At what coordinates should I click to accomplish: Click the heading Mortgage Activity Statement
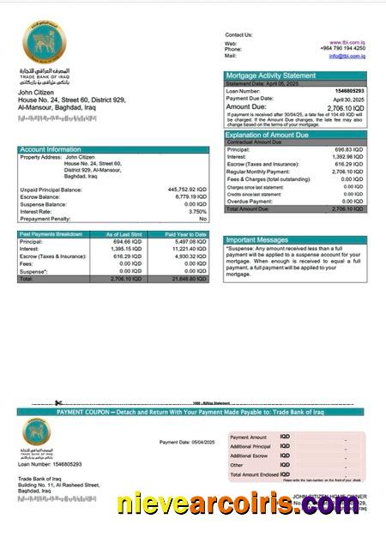(x=270, y=75)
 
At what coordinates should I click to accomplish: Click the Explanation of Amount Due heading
(x=274, y=135)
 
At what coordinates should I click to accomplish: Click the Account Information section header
(x=51, y=149)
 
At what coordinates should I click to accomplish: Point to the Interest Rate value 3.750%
(x=196, y=211)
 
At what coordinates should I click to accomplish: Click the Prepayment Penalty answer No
(x=202, y=219)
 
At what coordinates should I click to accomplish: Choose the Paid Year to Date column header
(x=186, y=234)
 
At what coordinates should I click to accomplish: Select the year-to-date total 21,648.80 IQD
(x=187, y=280)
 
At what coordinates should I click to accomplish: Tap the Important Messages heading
(x=257, y=240)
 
